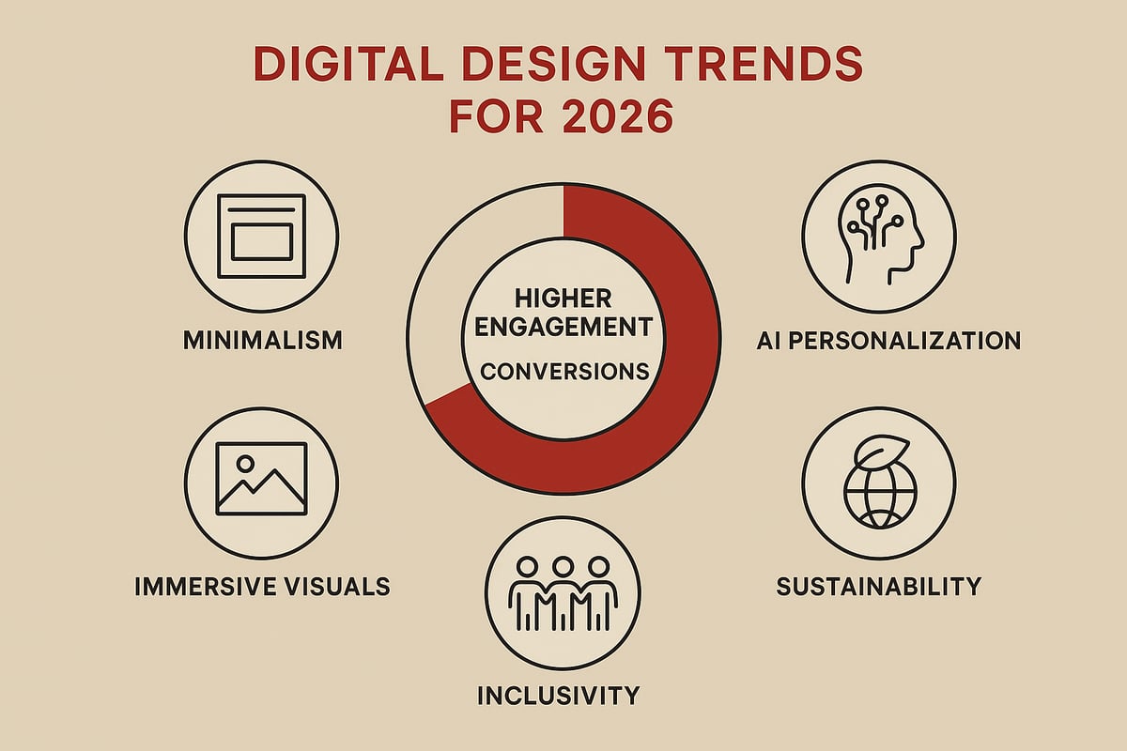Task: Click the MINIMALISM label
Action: tap(262, 339)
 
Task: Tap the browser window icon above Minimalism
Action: tap(261, 236)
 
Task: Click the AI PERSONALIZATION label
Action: tap(888, 340)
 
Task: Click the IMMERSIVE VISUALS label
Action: tap(261, 587)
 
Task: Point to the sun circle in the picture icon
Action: tap(245, 463)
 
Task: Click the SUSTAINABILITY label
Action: tap(878, 587)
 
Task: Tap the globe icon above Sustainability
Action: tap(876, 490)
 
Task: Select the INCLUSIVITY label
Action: tap(558, 696)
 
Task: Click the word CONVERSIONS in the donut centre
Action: tap(563, 372)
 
